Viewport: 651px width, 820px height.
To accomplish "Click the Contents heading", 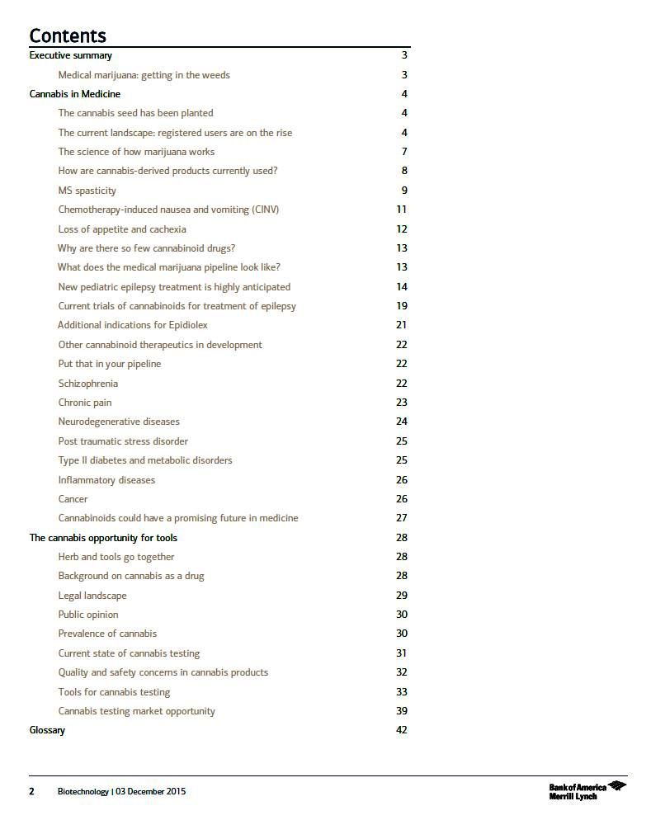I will pos(68,35).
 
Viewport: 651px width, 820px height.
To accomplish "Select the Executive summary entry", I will pos(70,55).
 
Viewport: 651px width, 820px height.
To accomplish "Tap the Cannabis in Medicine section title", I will pos(74,94).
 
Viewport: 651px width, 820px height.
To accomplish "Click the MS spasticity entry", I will pos(87,191).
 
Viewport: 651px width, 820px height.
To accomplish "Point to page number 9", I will pos(404,191).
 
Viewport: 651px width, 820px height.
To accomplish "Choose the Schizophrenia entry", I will pos(87,384).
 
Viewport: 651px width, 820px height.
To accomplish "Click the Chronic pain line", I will pos(84,403).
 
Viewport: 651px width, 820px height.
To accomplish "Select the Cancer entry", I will pos(73,499).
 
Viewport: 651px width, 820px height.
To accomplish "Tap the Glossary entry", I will pos(47,730).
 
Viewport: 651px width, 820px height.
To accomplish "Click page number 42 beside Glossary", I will pos(402,730).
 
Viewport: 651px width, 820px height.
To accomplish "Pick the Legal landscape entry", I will pos(92,596).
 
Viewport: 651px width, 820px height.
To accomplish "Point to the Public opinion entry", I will pos(87,615).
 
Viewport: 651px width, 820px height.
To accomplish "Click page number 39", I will pos(402,711).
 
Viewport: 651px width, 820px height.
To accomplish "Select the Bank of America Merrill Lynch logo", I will pos(587,791).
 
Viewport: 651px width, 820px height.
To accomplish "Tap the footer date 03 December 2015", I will pos(151,792).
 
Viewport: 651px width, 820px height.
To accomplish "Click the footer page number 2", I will pos(32,792).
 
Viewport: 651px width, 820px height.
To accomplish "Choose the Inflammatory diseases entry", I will pos(106,480).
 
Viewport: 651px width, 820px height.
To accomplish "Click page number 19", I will pos(402,306).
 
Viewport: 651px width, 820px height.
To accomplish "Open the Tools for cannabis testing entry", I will pos(114,692).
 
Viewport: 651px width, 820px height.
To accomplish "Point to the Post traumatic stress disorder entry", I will pos(123,441).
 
